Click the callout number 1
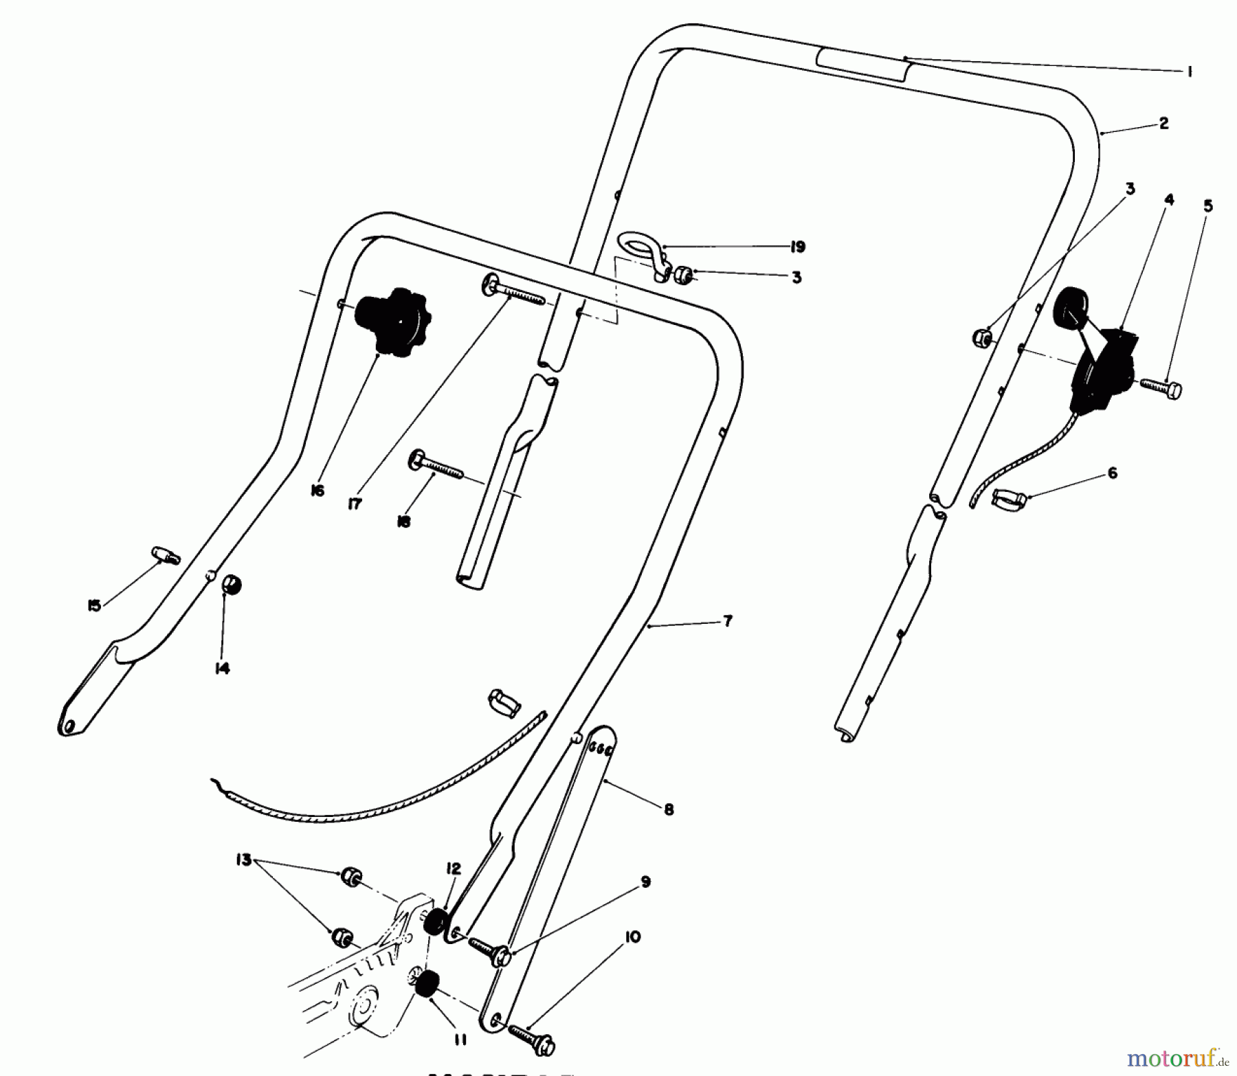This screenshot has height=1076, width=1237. pos(1190,71)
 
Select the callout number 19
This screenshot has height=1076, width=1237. pos(797,247)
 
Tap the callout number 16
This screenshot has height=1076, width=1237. pos(317,491)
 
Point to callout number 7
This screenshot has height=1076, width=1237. pos(728,621)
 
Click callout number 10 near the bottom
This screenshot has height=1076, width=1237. pos(633,937)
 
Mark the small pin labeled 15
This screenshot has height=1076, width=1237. pos(165,554)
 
